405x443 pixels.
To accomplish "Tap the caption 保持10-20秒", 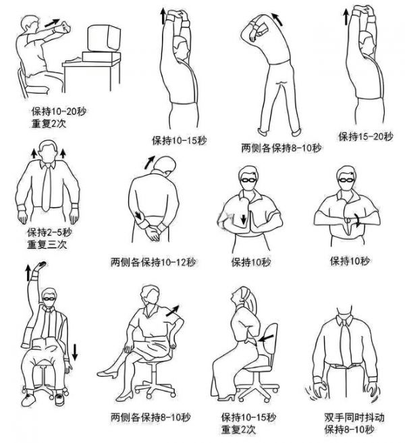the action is click(x=59, y=111).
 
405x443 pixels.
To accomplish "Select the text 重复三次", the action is click(x=47, y=244).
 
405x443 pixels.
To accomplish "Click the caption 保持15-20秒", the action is click(x=366, y=137).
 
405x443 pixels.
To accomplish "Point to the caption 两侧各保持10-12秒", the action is click(x=153, y=262).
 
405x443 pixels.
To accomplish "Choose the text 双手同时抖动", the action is click(x=354, y=417).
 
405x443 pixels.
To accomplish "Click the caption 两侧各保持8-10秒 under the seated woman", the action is click(x=151, y=417).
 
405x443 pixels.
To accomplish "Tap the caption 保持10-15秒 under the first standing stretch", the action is click(x=180, y=140).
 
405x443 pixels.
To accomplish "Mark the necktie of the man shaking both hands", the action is click(x=346, y=344).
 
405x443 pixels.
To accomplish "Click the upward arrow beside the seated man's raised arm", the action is click(x=28, y=272).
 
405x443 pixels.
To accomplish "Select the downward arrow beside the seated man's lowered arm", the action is click(x=75, y=352).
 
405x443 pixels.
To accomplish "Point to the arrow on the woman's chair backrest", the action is click(x=267, y=338).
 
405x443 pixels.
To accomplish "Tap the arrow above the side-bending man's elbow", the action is click(x=277, y=19).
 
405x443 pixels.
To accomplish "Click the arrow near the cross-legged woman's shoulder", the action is click(x=172, y=310).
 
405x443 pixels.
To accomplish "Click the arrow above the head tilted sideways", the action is click(x=149, y=163).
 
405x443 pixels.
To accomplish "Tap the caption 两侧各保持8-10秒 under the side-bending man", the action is click(x=281, y=148).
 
